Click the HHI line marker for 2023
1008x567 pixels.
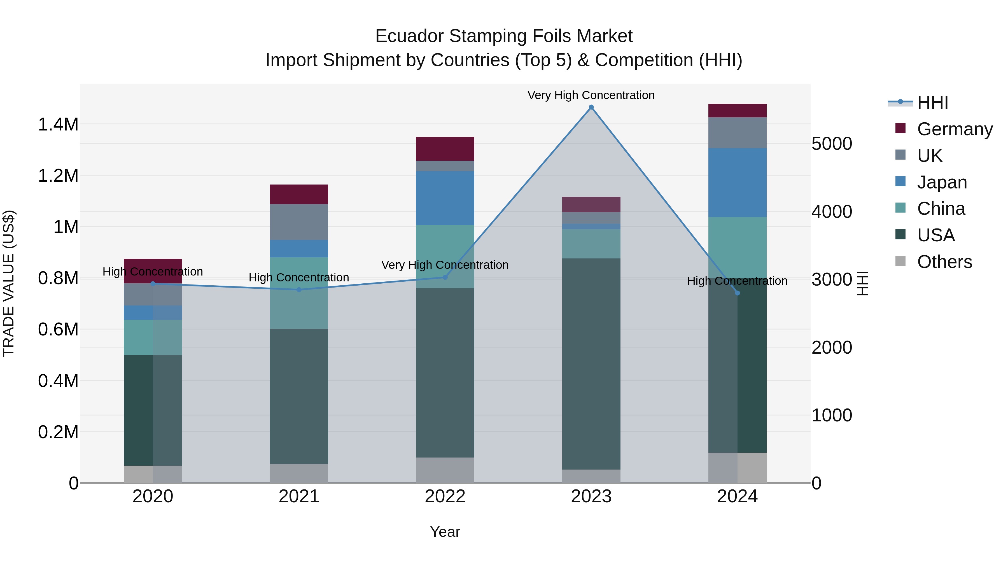click(591, 107)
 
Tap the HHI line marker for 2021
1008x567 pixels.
click(299, 290)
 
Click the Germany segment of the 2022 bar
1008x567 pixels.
click(445, 149)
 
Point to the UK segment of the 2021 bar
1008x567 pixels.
click(299, 222)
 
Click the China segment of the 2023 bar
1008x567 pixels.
click(591, 244)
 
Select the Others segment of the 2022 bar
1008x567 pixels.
click(445, 470)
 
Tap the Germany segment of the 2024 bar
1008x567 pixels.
click(737, 111)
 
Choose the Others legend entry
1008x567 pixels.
click(944, 262)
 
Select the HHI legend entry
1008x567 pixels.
click(932, 102)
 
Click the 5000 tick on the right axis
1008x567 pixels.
click(832, 144)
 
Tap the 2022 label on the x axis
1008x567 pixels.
click(445, 496)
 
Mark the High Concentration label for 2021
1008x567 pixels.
click(299, 277)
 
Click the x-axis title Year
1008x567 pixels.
click(445, 532)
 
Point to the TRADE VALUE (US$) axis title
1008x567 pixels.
click(9, 283)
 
